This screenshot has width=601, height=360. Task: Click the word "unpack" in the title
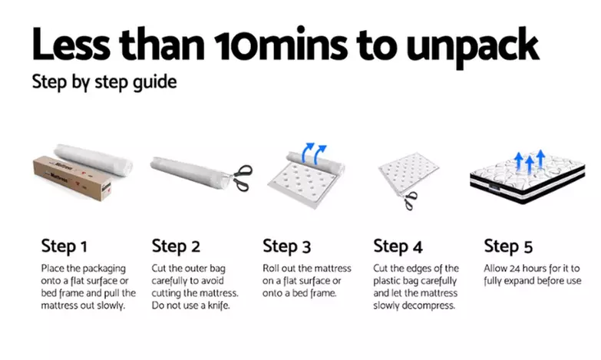coord(473,47)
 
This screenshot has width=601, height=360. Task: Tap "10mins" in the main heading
coord(281,43)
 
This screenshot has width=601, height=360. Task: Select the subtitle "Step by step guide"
coord(104,82)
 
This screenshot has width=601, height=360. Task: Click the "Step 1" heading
coord(64,246)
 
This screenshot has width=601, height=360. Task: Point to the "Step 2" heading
coord(176,246)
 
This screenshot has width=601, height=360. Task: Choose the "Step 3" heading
coord(287,246)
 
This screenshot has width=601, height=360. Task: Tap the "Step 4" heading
coord(398,246)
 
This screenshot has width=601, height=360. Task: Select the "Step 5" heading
coord(508,246)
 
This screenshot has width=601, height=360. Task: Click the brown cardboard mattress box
coord(72,178)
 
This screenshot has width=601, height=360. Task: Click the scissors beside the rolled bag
coord(243,178)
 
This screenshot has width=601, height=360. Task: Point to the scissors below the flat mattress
coord(410,200)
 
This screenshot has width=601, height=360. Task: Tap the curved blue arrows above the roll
coord(314,154)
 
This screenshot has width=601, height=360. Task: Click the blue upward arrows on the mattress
coord(530,160)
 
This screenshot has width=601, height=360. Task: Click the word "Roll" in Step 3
coord(271,269)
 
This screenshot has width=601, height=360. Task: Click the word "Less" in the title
coord(71,44)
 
